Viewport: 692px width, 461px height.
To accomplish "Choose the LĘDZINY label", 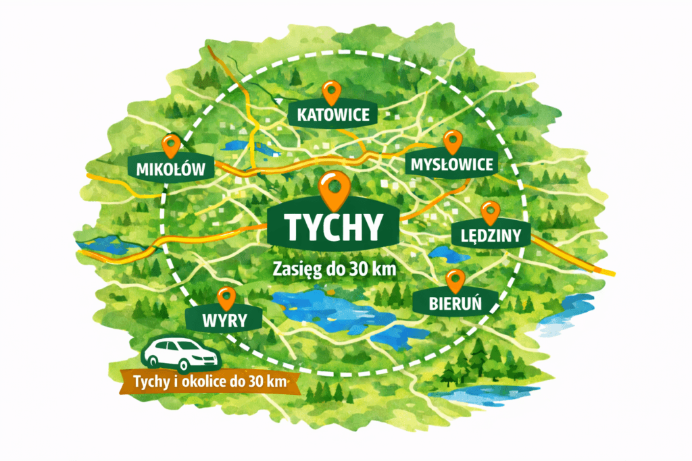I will (x=490, y=236).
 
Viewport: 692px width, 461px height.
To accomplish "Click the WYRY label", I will (x=225, y=319).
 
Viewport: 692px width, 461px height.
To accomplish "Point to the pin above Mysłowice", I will (x=452, y=141).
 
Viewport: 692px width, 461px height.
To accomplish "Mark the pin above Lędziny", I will (x=490, y=213).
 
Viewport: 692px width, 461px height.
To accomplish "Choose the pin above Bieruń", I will (x=455, y=279).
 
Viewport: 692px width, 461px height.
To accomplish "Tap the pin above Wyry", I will (x=226, y=296).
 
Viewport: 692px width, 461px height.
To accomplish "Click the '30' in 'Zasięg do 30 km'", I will (x=355, y=267).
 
